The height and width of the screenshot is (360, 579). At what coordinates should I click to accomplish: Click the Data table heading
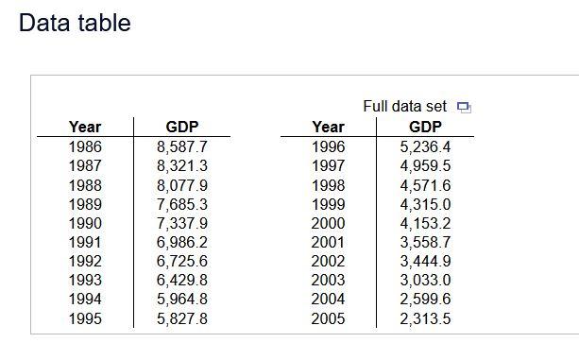(x=75, y=24)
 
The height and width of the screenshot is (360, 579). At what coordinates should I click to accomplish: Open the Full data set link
(x=405, y=106)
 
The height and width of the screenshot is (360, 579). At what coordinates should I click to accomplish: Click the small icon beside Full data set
(x=463, y=107)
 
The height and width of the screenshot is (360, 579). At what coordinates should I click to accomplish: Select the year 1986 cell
(x=85, y=146)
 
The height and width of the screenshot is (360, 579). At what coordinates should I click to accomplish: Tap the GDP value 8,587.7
(x=181, y=146)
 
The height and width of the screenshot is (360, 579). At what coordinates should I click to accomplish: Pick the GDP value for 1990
(x=181, y=223)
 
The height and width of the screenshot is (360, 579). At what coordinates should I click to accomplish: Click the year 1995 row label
(x=85, y=318)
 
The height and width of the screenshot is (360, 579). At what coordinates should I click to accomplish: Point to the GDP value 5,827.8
(x=181, y=318)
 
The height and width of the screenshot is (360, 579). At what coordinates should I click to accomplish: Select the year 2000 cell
(x=328, y=223)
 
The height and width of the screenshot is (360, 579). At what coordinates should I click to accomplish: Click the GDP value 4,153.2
(x=425, y=223)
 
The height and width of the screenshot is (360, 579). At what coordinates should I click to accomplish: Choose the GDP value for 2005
(x=425, y=318)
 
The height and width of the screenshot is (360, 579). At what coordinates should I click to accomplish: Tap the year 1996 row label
(x=328, y=146)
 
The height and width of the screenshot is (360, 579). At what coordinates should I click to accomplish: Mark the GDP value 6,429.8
(x=181, y=280)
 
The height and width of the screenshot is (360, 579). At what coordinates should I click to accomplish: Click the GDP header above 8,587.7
(x=181, y=127)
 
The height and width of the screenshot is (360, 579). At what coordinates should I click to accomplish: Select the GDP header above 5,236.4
(x=425, y=127)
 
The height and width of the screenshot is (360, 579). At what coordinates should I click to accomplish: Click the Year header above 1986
(x=85, y=127)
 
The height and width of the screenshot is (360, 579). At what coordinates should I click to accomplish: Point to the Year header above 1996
(x=328, y=127)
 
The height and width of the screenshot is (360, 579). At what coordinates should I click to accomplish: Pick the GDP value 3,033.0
(x=425, y=280)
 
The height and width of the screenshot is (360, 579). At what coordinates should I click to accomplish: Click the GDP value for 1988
(x=181, y=184)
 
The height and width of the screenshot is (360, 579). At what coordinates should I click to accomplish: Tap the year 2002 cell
(x=328, y=261)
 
